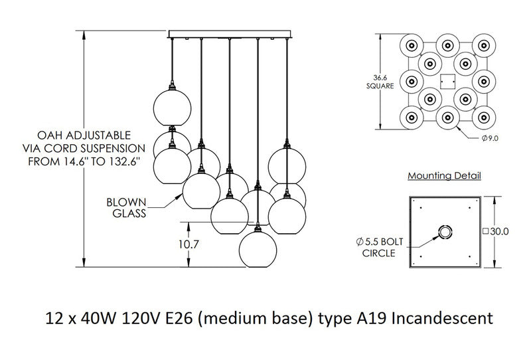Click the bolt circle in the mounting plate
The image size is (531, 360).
[x=443, y=231]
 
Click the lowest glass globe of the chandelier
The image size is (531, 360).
[x=258, y=246]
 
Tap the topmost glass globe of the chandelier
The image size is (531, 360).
[x=173, y=106]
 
